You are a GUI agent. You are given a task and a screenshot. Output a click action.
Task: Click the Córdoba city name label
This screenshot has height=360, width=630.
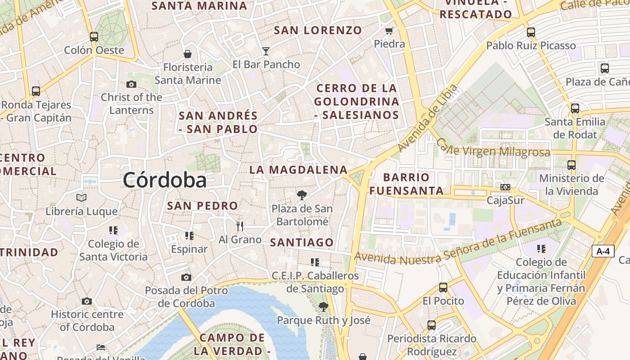point(165,180)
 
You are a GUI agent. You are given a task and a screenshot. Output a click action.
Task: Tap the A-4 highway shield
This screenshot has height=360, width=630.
point(603,251)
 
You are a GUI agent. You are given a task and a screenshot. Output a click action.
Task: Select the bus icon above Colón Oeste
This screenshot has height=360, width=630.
point(94,36)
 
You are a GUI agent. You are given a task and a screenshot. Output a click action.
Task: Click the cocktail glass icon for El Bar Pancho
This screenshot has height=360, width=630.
point(266,51)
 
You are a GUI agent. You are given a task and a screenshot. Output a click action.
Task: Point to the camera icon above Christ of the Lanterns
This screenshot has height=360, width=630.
point(131,84)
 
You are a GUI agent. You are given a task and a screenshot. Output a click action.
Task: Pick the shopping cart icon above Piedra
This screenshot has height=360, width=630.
point(389,31)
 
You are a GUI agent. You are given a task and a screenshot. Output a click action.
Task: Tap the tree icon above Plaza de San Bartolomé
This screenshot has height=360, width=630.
point(302,195)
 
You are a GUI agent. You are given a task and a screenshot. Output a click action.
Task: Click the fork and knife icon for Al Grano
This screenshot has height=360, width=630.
point(240,226)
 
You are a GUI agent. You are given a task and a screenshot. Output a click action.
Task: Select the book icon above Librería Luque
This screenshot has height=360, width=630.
point(81,198)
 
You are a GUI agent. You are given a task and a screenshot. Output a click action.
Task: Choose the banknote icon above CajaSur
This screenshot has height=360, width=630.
point(505,187)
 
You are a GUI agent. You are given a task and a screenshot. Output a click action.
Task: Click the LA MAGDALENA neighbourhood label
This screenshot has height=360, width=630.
point(298,170)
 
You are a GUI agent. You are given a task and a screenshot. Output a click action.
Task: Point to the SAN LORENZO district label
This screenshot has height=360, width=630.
point(318,30)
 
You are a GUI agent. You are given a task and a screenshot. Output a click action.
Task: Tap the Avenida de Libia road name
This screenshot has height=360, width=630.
point(428,118)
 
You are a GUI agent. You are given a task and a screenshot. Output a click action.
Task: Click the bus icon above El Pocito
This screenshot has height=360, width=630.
point(443,287)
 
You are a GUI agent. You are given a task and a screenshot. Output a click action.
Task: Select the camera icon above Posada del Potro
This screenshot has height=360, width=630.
point(186,277)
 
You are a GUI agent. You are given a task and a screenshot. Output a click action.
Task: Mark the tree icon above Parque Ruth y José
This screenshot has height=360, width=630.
point(323,307)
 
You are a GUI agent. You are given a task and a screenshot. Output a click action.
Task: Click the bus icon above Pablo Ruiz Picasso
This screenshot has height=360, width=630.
point(531,32)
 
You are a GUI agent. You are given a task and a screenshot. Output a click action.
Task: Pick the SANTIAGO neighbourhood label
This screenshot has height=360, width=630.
point(302,243)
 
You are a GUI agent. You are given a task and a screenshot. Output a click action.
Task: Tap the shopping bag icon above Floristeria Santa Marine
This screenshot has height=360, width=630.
point(188,54)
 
